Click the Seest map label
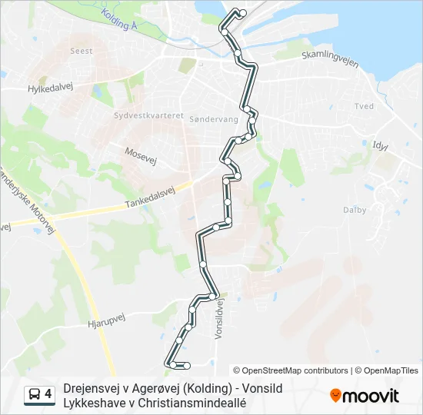(x=82, y=51)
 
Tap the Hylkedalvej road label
(x=50, y=88)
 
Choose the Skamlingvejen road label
(x=330, y=59)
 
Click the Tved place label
(x=363, y=106)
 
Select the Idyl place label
(x=380, y=144)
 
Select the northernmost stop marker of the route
(x=242, y=12)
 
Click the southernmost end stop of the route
(x=186, y=364)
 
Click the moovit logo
(x=365, y=396)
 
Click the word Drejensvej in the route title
(x=92, y=389)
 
